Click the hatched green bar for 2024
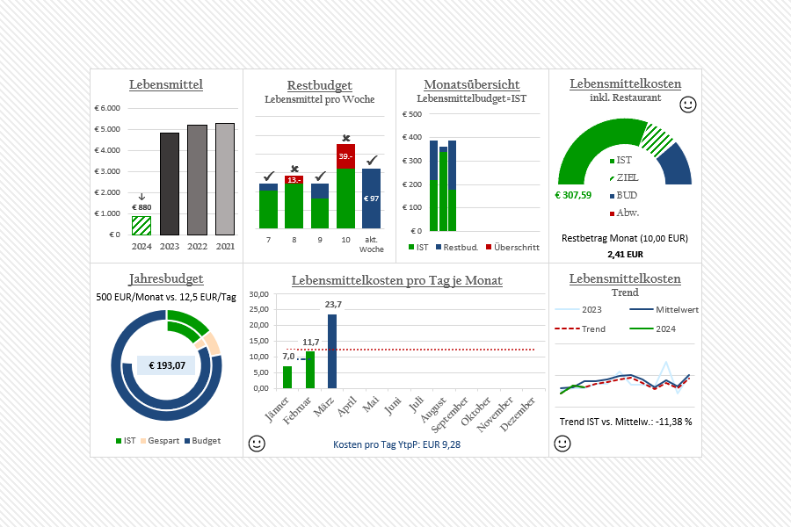pyautogui.click(x=142, y=226)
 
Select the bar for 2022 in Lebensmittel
pyautogui.click(x=198, y=180)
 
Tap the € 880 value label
pyautogui.click(x=142, y=207)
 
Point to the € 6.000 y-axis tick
pyautogui.click(x=107, y=109)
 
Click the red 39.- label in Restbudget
pyautogui.click(x=345, y=155)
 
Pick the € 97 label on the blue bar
pyautogui.click(x=372, y=199)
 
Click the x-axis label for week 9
pyautogui.click(x=320, y=239)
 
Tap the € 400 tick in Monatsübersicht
pyautogui.click(x=412, y=138)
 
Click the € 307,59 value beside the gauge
pyautogui.click(x=573, y=195)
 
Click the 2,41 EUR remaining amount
pyautogui.click(x=625, y=255)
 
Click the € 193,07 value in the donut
pyautogui.click(x=166, y=365)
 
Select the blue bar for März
pyautogui.click(x=332, y=351)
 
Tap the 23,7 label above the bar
pyautogui.click(x=333, y=305)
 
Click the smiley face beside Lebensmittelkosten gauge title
pyautogui.click(x=688, y=105)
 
